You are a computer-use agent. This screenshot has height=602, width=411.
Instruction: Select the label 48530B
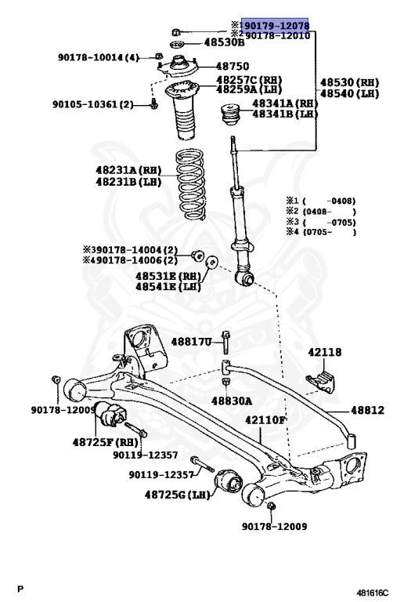pyautogui.click(x=202, y=42)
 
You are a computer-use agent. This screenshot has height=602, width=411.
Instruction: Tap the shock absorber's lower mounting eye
pyautogui.click(x=245, y=276)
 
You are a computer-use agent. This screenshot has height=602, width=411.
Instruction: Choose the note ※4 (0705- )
pyautogui.click(x=321, y=232)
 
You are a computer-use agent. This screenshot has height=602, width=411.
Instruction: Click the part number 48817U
pyautogui.click(x=191, y=342)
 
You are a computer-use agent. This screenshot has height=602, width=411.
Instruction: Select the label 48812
pyautogui.click(x=367, y=409)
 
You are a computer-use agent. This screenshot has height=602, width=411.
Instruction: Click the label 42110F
pyautogui.click(x=266, y=420)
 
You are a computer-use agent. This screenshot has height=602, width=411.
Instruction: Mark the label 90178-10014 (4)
pyautogui.click(x=98, y=57)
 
